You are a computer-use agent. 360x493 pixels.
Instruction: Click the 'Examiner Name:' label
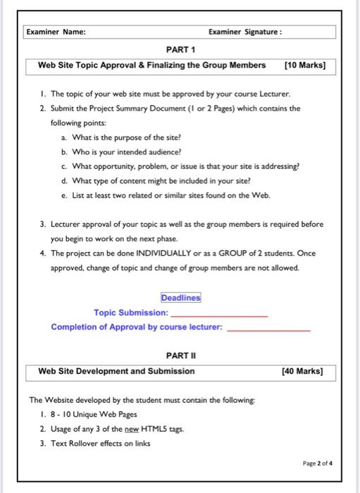56,32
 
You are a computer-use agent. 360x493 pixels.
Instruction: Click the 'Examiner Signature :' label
245,32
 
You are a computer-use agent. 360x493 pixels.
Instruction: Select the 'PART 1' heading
180,50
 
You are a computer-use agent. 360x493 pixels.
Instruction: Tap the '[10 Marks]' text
304,65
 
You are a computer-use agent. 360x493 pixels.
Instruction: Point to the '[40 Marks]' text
302,371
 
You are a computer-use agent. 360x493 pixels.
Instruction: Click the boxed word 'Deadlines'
180,298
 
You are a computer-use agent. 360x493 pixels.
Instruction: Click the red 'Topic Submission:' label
131,313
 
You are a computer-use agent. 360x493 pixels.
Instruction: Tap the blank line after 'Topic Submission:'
219,315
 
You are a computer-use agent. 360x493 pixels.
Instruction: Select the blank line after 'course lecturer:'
269,329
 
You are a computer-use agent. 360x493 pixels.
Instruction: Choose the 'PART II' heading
180,356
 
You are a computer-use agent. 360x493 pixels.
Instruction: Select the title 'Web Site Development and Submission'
116,371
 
